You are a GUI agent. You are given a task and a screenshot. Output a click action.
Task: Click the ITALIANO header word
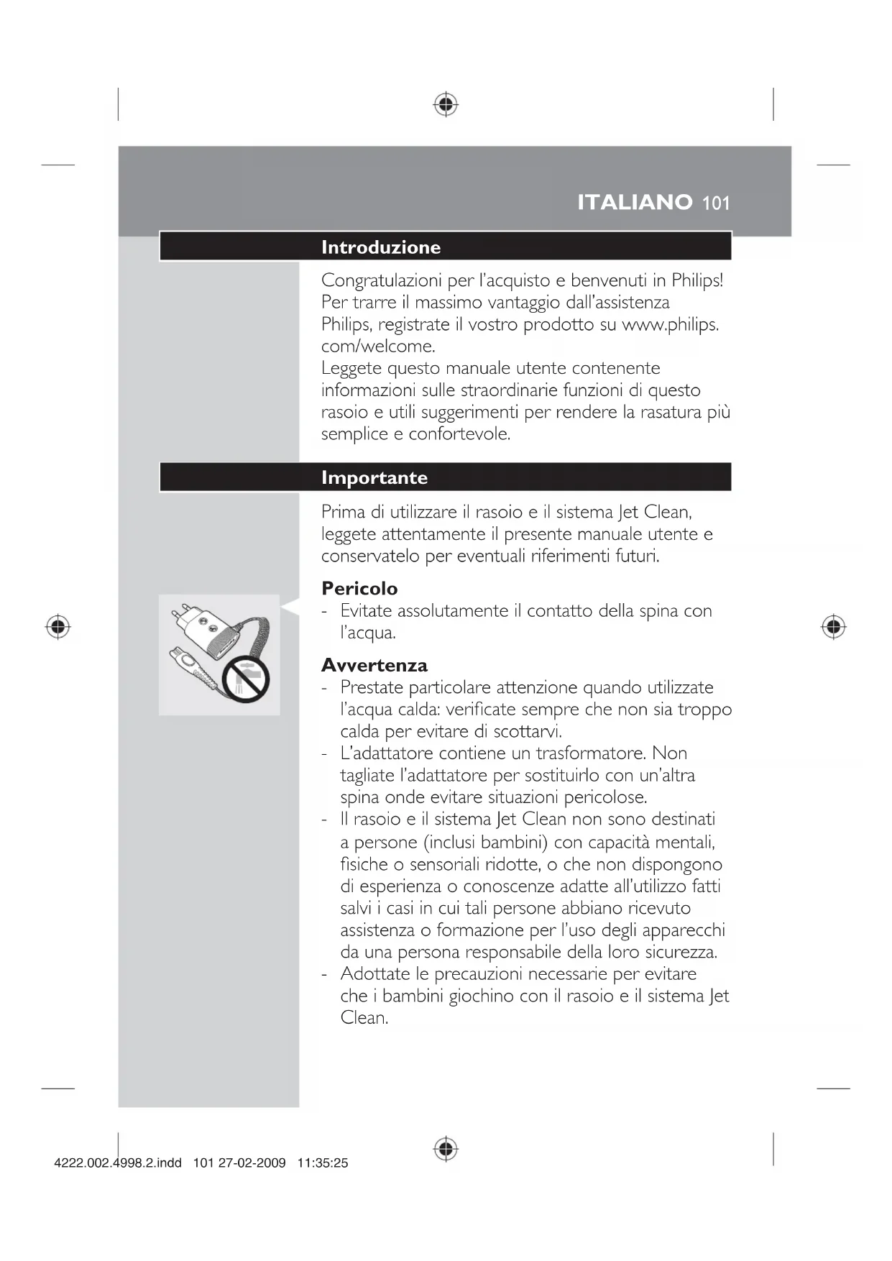(x=635, y=202)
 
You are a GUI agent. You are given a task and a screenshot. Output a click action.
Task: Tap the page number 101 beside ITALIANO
(x=716, y=203)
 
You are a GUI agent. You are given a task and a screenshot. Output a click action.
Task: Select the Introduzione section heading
(x=381, y=247)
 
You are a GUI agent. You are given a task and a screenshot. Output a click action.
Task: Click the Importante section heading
(x=374, y=478)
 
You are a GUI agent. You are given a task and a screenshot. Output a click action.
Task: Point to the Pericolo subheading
(x=359, y=589)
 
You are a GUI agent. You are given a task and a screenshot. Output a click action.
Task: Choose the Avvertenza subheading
(x=374, y=665)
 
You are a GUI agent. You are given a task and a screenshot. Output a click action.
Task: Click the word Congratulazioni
(x=382, y=280)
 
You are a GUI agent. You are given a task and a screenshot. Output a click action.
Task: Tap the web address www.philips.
(x=670, y=324)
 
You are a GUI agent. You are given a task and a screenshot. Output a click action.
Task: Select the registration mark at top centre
(x=446, y=105)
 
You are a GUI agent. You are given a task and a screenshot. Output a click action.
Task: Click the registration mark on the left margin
(x=58, y=627)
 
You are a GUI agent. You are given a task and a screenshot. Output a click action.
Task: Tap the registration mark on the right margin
(x=833, y=627)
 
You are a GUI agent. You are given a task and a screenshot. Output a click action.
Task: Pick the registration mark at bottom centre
(x=446, y=1149)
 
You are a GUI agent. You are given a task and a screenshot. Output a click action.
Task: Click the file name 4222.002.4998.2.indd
(x=118, y=1163)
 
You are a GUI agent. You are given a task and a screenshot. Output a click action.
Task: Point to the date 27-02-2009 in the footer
(x=252, y=1163)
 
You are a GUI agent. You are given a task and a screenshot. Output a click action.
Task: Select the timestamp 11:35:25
(x=323, y=1163)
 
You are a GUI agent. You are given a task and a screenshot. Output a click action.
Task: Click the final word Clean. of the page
(x=364, y=1018)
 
